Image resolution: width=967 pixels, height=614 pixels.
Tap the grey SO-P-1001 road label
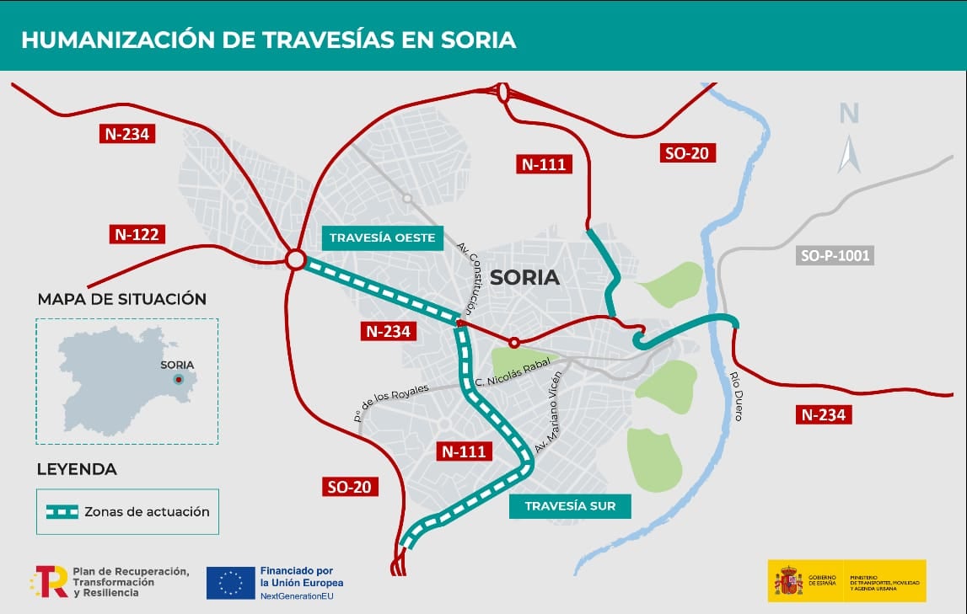(835, 254)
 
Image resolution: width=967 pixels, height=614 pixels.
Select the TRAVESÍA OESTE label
(382, 238)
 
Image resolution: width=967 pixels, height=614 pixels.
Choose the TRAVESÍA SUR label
(570, 506)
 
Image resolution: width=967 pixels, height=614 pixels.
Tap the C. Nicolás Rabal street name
(513, 371)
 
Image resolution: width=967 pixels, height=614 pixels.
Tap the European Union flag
(230, 582)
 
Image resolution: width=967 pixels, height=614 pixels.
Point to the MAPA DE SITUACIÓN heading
(121, 299)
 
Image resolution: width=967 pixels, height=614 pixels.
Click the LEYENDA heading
(77, 469)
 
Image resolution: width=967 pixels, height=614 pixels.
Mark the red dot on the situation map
(178, 380)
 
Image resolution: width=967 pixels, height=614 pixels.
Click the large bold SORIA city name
(524, 277)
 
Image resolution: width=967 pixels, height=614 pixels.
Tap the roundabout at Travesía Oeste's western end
(295, 259)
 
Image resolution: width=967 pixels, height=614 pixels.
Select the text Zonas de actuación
(147, 511)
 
